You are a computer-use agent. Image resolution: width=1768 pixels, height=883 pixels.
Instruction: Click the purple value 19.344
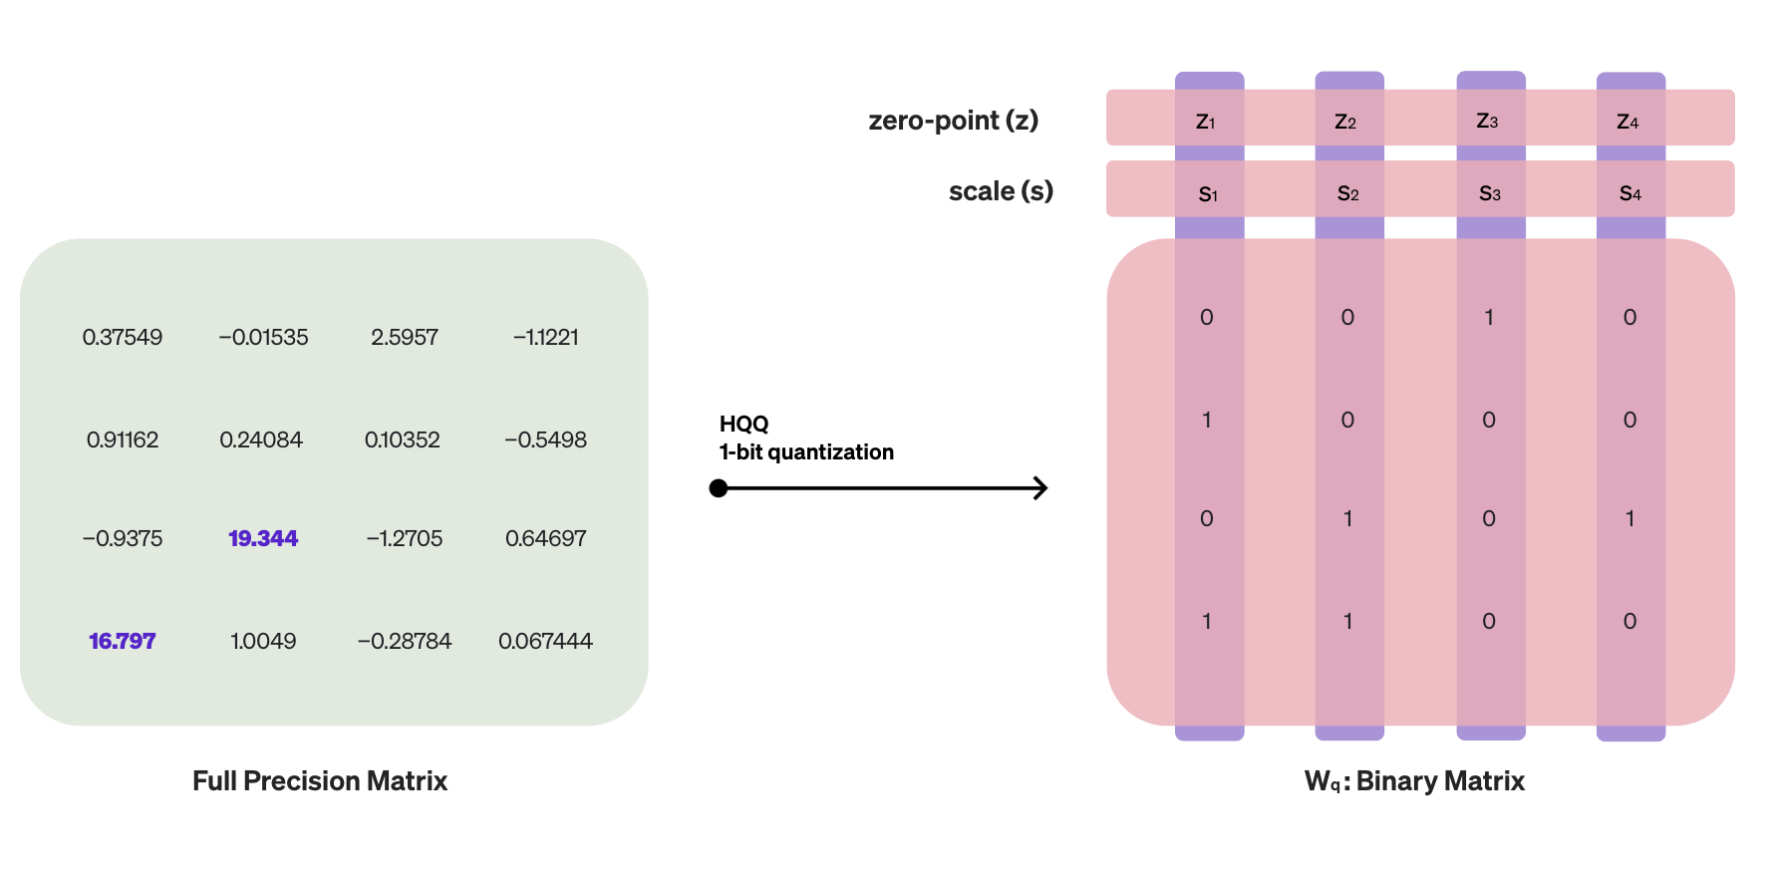tap(263, 538)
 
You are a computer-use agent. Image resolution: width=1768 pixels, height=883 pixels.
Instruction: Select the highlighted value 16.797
tap(123, 641)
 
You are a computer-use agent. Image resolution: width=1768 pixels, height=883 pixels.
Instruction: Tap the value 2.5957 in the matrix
tap(405, 337)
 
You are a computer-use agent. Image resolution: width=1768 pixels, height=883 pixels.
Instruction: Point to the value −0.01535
tap(263, 337)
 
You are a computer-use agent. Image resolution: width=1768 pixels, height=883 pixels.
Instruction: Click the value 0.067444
tap(545, 641)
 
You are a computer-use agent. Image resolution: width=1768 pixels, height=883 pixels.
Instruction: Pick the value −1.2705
tap(405, 538)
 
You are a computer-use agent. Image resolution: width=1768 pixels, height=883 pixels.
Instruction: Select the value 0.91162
tap(123, 440)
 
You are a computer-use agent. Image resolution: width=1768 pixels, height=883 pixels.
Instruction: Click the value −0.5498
tap(545, 440)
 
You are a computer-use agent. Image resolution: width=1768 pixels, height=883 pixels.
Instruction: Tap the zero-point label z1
tap(1206, 122)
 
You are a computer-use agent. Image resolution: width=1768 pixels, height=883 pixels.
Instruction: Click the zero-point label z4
tap(1627, 122)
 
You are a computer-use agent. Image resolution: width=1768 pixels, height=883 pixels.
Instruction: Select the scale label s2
tap(1348, 193)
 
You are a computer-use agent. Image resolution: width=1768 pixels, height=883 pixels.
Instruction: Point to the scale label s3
tap(1489, 193)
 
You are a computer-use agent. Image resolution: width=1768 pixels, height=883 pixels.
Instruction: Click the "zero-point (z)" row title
tap(953, 121)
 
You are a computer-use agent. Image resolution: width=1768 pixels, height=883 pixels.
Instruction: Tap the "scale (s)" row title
tap(1001, 191)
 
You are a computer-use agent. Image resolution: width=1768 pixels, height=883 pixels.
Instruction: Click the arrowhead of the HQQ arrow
tap(1041, 488)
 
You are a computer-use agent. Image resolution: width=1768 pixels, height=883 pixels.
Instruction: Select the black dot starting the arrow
tap(719, 488)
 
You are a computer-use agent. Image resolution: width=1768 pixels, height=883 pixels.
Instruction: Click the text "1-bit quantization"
tap(806, 452)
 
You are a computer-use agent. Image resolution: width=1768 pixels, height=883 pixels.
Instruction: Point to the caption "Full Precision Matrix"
tap(320, 780)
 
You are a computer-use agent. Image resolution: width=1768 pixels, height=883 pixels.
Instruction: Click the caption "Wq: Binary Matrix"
tap(1414, 781)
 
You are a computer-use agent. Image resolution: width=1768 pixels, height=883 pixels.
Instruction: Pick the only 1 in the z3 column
tap(1489, 317)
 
